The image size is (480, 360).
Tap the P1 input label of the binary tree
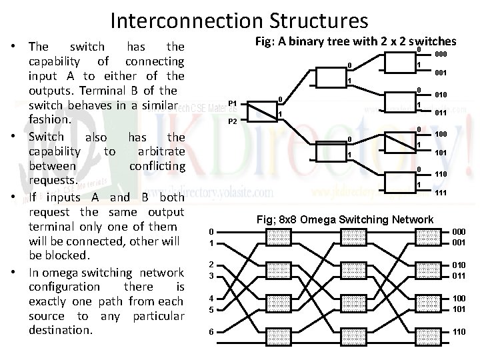pyautogui.click(x=233, y=103)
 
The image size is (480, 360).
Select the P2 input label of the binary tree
pyautogui.click(x=233, y=121)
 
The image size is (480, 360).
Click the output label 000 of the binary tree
pyautogui.click(x=441, y=54)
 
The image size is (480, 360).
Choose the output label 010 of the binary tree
pyautogui.click(x=441, y=95)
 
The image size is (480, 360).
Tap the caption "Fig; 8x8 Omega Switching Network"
pyautogui.click(x=345, y=219)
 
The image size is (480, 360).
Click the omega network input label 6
pyautogui.click(x=211, y=331)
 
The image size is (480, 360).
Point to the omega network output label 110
pyautogui.click(x=459, y=331)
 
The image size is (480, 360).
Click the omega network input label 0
pyautogui.click(x=211, y=231)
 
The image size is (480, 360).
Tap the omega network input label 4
pyautogui.click(x=211, y=299)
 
